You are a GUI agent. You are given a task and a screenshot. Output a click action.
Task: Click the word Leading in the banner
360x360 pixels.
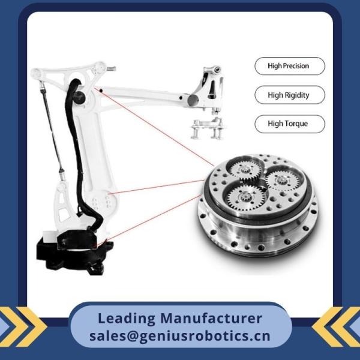[x=127, y=319]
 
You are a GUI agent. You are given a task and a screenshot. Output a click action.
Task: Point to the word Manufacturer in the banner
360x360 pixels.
[x=211, y=318]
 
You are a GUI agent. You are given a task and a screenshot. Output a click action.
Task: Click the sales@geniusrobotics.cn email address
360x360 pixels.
[x=180, y=336]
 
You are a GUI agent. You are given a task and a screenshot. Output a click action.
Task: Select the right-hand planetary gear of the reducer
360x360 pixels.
[x=282, y=180]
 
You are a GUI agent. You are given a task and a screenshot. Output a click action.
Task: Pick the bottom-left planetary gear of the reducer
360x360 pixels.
[x=244, y=197]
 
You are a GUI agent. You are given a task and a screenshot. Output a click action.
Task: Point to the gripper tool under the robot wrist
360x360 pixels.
[x=207, y=128]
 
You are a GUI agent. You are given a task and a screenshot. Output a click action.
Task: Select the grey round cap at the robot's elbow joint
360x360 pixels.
[x=193, y=100]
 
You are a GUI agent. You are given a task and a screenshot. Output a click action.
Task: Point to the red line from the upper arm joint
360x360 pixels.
[x=154, y=127]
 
